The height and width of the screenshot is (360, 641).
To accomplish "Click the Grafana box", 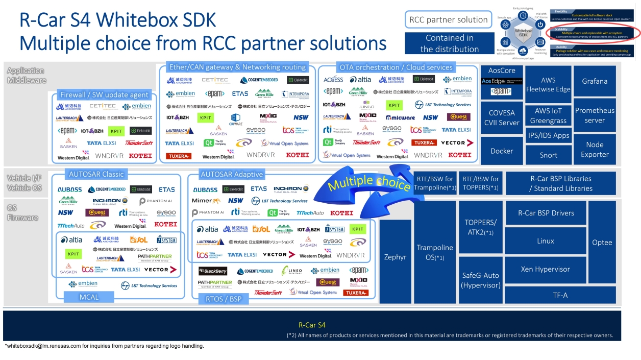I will tap(595, 81).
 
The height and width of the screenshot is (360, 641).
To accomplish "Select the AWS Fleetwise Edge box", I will tap(549, 84).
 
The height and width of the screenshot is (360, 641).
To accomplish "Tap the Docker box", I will tap(502, 151).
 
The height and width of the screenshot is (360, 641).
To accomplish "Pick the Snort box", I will tap(549, 155).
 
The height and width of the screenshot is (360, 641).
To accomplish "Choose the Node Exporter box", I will tap(595, 149).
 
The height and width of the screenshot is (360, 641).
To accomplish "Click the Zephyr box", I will tap(395, 257).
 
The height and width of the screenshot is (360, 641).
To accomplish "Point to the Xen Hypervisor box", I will tap(545, 269).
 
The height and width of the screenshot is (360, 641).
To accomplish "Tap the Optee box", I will tap(602, 242).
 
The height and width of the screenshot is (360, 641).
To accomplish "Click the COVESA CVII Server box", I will tap(502, 117).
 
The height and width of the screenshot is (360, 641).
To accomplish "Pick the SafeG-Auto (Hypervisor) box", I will tap(480, 280).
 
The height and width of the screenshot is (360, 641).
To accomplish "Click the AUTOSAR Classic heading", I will tap(97, 174).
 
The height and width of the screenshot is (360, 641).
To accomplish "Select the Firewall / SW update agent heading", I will tap(104, 94).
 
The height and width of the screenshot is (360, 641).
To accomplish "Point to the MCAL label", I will tap(88, 297).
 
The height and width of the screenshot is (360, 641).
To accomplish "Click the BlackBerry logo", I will tap(213, 271).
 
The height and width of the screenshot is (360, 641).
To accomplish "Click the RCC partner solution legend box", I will tap(448, 20).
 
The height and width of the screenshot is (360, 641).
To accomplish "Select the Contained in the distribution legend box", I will tap(449, 43).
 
